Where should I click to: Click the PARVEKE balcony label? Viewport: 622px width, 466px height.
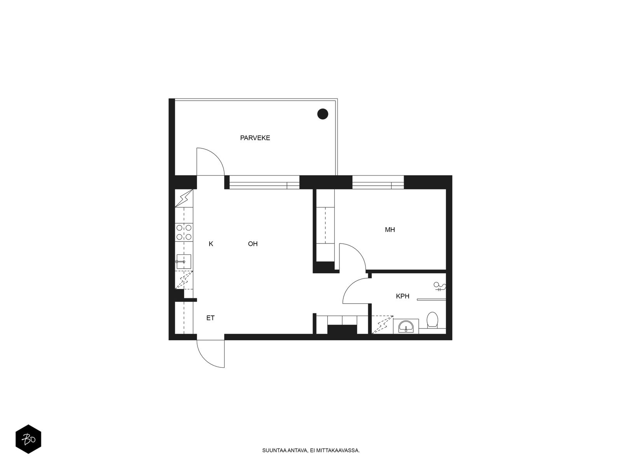(x=255, y=138)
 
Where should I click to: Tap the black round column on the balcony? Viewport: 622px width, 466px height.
(x=323, y=114)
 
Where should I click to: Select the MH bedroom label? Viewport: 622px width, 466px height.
(x=390, y=230)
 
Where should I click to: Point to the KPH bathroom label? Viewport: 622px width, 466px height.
(x=402, y=296)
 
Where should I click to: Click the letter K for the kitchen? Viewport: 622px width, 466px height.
(x=211, y=244)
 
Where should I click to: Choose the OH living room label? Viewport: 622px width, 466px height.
(x=253, y=244)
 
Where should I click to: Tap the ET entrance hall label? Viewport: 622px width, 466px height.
(x=210, y=318)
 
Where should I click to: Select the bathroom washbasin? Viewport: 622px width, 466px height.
(x=406, y=326)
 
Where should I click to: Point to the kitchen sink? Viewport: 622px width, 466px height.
(x=183, y=261)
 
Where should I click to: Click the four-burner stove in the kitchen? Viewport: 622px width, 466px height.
(x=184, y=232)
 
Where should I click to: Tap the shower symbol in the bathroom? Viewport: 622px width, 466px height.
(x=440, y=287)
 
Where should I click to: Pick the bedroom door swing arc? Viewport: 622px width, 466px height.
(x=358, y=251)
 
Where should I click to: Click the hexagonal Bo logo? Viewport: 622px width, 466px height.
(x=28, y=439)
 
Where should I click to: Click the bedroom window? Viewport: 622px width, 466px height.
(x=378, y=183)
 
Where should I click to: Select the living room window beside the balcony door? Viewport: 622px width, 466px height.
(x=264, y=183)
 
